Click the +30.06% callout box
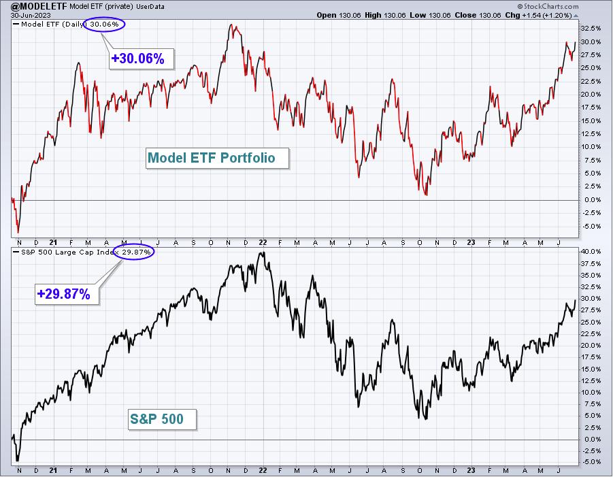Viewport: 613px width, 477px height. (141, 59)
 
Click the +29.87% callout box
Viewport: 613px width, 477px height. (67, 294)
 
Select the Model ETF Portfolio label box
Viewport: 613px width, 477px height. (217, 158)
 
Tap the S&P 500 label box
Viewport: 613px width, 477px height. (162, 420)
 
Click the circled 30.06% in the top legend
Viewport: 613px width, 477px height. (104, 24)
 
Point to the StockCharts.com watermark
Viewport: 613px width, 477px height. (548, 6)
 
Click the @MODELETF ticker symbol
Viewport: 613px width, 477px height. (39, 6)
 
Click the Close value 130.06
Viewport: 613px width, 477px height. (489, 15)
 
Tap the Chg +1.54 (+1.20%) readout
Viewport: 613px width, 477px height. (546, 15)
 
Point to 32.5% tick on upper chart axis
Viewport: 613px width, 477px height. (591, 29)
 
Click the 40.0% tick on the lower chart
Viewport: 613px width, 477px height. (591, 251)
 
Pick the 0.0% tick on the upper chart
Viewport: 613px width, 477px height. (593, 200)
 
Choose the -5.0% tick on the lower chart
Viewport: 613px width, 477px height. (591, 462)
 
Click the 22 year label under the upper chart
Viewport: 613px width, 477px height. (263, 242)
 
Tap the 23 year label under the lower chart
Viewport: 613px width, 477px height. (471, 470)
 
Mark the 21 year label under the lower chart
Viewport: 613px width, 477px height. (53, 470)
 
